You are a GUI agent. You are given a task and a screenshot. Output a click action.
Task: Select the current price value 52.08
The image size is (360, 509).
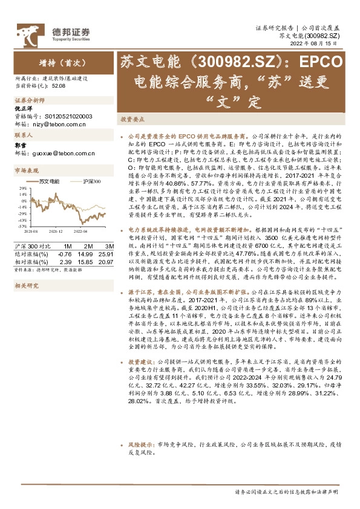pyautogui.click(x=58, y=86)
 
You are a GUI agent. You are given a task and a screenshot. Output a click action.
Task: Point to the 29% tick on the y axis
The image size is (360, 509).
pyautogui.click(x=22, y=214)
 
